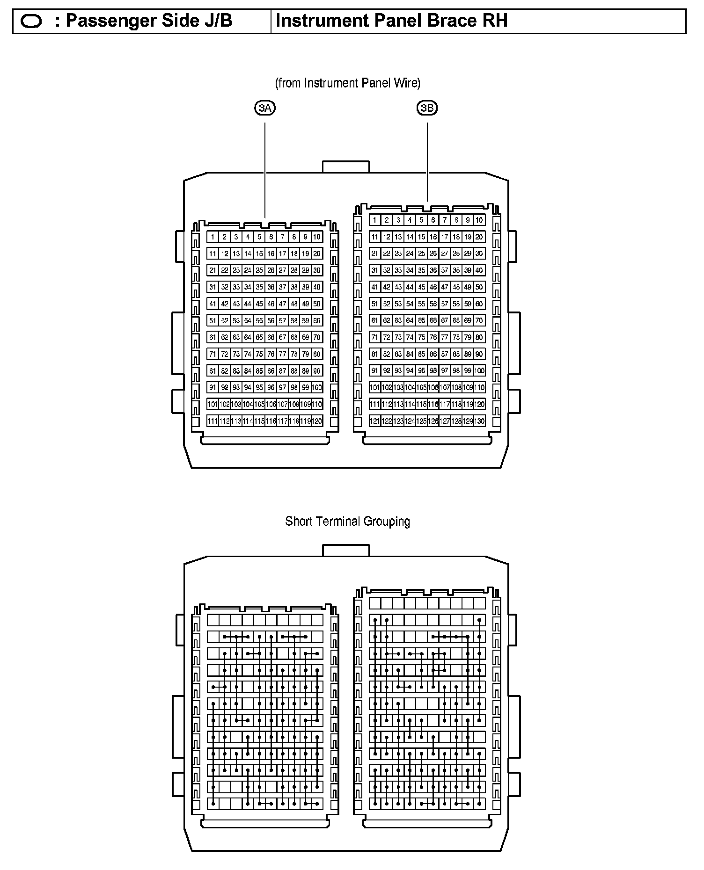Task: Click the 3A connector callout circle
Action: [265, 109]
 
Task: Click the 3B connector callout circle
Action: [427, 109]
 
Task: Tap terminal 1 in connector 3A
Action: [213, 237]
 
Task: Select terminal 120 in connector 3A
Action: [317, 421]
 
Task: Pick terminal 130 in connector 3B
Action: [479, 421]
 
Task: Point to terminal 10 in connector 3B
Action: [479, 220]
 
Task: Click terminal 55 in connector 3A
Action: [259, 321]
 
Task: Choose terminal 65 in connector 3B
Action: [421, 321]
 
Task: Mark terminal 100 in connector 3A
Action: [317, 388]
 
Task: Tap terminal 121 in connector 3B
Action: [375, 421]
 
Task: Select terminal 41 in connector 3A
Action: [213, 304]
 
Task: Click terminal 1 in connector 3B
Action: [375, 220]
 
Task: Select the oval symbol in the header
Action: [31, 22]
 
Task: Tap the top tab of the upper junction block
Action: [346, 167]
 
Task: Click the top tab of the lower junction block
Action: [346, 551]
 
